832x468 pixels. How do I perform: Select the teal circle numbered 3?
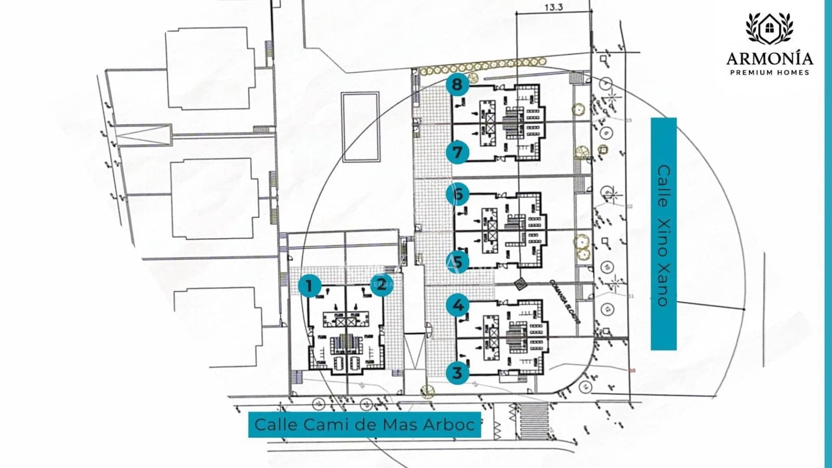(x=458, y=372)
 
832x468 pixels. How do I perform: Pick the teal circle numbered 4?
(x=458, y=305)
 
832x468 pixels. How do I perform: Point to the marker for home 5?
(x=458, y=262)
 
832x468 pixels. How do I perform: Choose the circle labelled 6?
(x=458, y=194)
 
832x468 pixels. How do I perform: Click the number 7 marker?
(x=458, y=152)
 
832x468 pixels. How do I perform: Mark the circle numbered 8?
(x=458, y=84)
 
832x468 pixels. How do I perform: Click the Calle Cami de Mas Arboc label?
(x=364, y=424)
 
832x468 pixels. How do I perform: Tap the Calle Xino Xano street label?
(x=664, y=234)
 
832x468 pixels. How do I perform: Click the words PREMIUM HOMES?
(x=770, y=72)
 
